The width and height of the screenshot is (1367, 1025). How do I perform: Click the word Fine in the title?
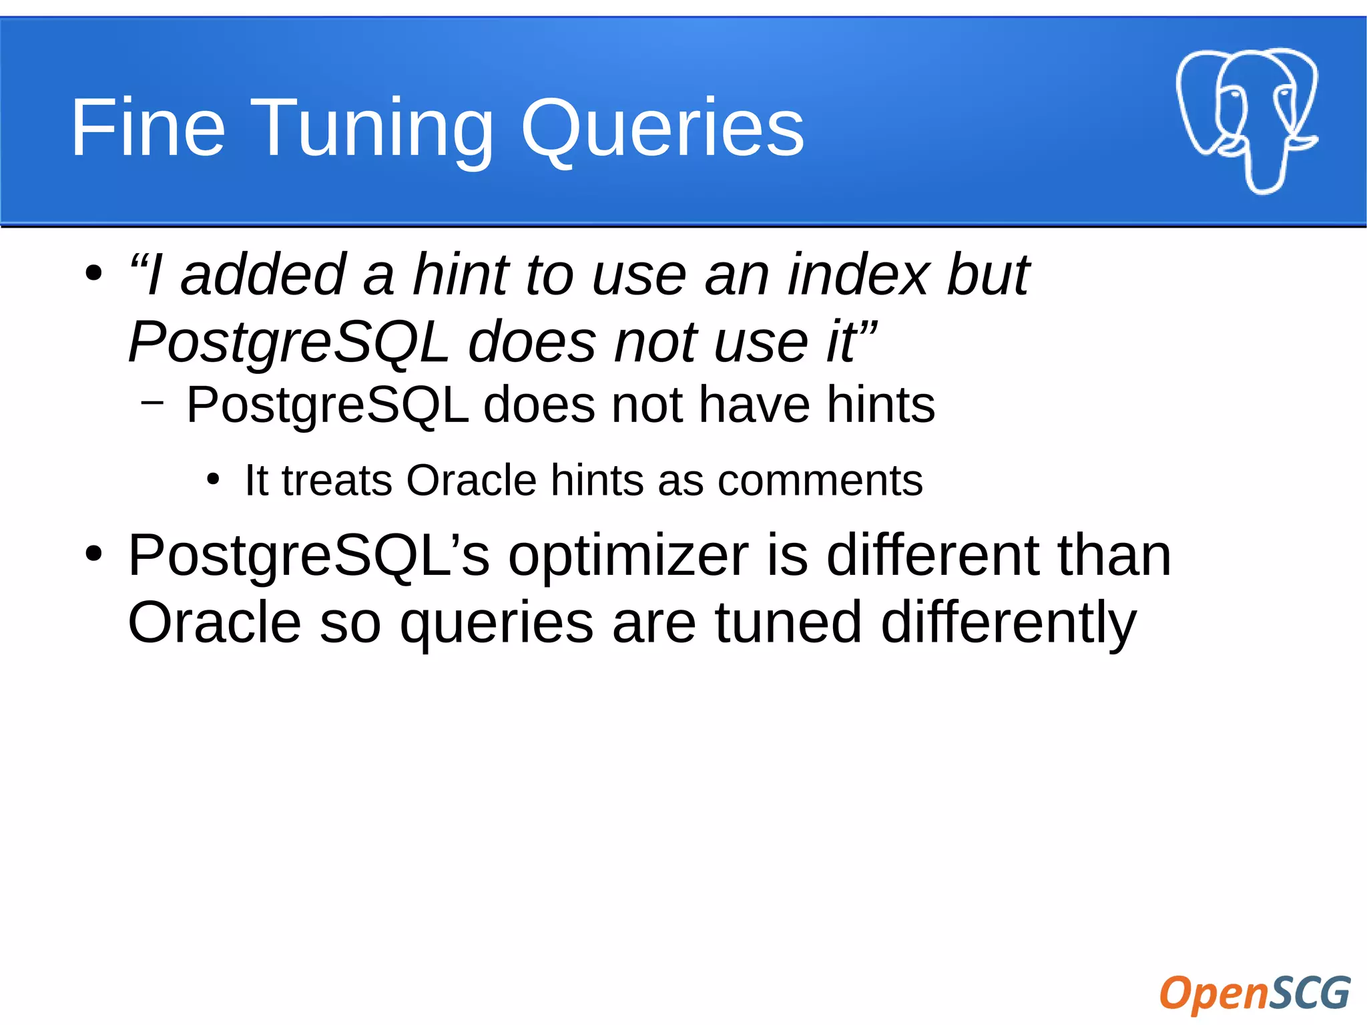coord(148,128)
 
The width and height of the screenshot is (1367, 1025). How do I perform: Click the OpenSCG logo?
coord(1255,993)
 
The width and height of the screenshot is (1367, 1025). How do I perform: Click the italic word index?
coord(858,274)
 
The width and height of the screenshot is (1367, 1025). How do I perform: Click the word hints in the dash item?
coord(880,405)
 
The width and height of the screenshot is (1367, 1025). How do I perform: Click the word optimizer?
coord(628,556)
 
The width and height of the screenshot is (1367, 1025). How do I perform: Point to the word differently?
coord(1008,622)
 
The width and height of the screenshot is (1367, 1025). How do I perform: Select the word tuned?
coord(788,622)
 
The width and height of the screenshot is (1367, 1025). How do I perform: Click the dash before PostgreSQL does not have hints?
coord(152,403)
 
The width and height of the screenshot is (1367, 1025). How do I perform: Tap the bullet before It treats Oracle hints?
coord(212,479)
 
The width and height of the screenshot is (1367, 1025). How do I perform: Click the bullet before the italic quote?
coord(93,273)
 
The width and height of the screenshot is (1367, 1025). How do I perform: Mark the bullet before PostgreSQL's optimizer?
coord(93,554)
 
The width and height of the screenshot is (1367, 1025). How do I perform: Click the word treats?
coord(336,480)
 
